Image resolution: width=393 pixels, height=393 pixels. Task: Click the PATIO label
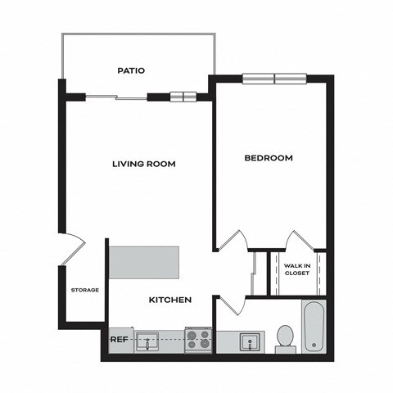(130, 71)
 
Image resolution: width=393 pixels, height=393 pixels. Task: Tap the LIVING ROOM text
(144, 164)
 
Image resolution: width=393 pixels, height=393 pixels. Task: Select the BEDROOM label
(269, 158)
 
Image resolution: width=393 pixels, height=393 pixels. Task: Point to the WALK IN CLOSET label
(296, 269)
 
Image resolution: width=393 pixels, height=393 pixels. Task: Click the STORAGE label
(84, 290)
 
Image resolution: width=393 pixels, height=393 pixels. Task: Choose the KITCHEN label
(169, 300)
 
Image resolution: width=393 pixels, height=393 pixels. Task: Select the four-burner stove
(197, 339)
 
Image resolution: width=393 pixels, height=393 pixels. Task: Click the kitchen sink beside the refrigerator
(147, 341)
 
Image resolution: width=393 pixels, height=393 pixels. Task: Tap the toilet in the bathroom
(285, 337)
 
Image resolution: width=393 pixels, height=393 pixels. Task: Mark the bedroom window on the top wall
(273, 79)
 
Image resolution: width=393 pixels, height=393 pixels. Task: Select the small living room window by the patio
(183, 97)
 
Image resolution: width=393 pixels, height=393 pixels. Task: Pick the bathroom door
(231, 305)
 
